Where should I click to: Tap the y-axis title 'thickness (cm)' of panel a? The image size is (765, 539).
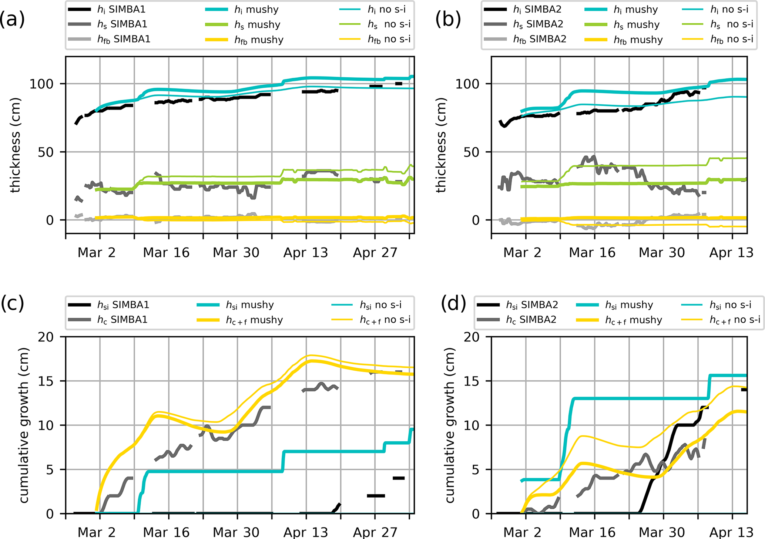coord(15,145)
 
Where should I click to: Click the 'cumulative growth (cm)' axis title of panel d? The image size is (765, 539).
coord(449,425)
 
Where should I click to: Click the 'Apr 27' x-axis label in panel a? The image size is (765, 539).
coord(375,253)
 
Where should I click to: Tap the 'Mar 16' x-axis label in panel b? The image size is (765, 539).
coord(592,253)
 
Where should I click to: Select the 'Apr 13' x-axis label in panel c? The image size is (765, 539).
coord(306,532)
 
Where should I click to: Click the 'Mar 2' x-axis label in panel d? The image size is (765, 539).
coord(522,532)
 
